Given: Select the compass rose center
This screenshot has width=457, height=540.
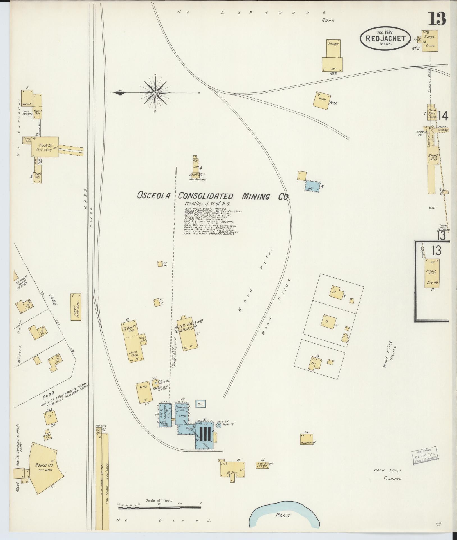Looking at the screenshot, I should click(155, 92).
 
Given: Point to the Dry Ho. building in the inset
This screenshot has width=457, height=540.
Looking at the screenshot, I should click(432, 273).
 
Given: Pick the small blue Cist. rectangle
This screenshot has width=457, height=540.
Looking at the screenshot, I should click(201, 404).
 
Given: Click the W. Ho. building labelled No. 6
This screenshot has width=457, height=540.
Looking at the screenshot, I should click(321, 100).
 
